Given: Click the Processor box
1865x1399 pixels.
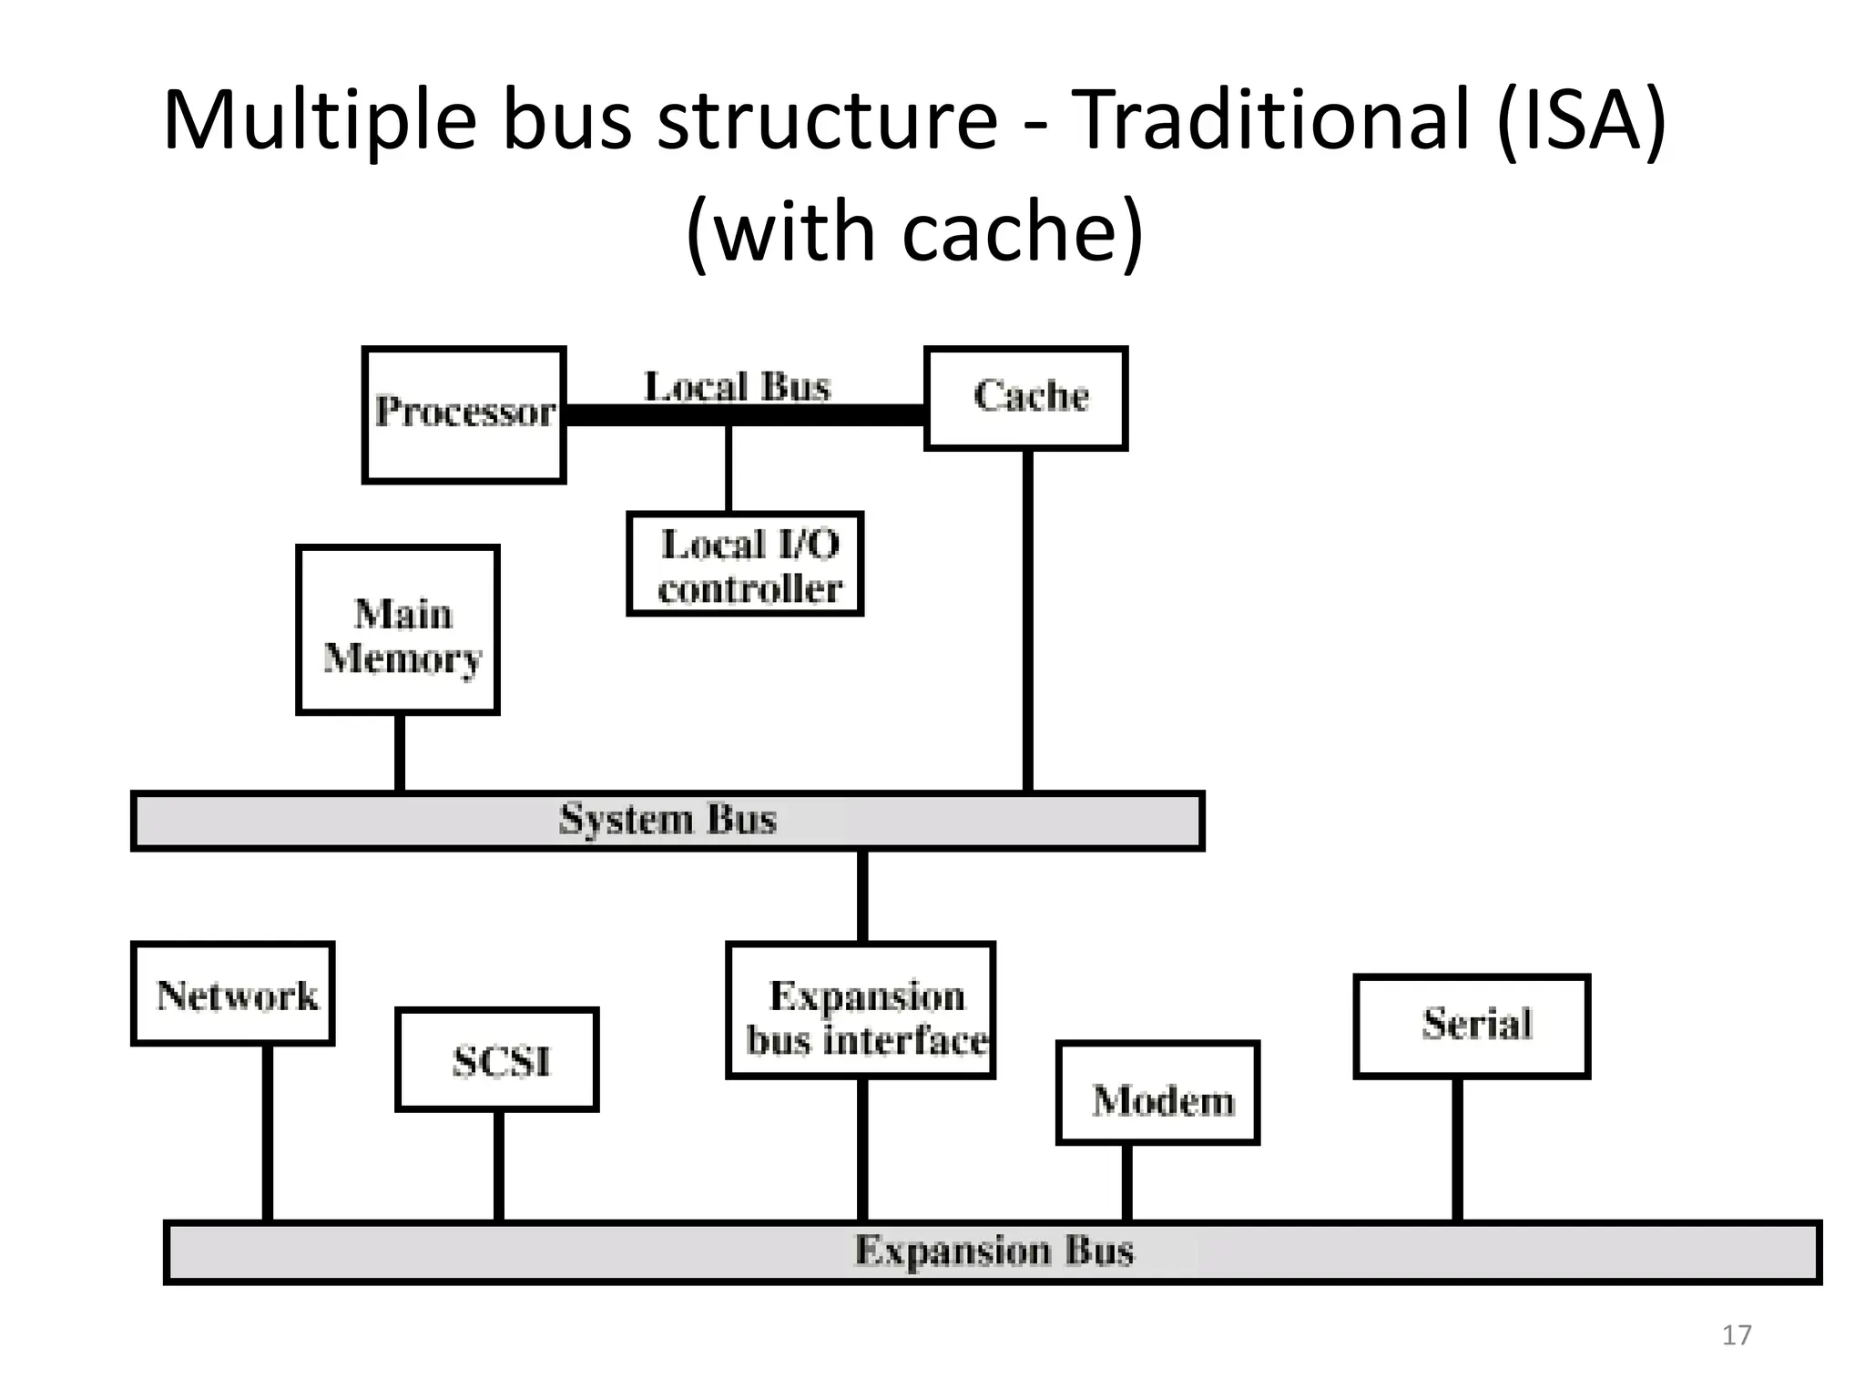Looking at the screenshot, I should click(x=464, y=414).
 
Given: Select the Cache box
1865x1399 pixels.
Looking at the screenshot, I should click(x=1026, y=398).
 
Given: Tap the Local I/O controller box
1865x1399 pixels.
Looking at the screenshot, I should click(x=745, y=565).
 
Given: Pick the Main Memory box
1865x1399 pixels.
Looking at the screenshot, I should click(x=398, y=630).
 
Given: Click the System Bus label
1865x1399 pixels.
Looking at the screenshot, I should click(x=668, y=820).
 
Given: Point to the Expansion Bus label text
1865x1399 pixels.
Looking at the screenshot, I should click(x=994, y=1251).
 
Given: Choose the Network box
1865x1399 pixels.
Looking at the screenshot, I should click(x=233, y=994).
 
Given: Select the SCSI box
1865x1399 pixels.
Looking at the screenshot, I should click(x=497, y=1060).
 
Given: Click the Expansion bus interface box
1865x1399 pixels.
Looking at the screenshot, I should click(x=861, y=1011).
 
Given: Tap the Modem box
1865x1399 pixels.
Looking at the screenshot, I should click(x=1158, y=1094).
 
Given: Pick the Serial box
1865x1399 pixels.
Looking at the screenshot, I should click(x=1472, y=1026).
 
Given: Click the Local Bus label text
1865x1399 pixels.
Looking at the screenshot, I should click(x=737, y=386).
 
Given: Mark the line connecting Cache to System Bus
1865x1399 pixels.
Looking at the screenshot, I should click(x=1028, y=619).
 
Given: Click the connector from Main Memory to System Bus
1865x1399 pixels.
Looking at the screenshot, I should click(x=400, y=752).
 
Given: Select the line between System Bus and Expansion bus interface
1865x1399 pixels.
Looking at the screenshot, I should click(x=862, y=896).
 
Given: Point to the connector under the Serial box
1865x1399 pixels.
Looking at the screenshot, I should click(x=1457, y=1149).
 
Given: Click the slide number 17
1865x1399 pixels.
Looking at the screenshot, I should click(x=1736, y=1335).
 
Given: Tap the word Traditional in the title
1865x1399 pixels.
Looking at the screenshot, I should click(x=1271, y=120).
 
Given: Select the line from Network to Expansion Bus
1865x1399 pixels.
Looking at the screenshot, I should click(x=268, y=1133).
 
